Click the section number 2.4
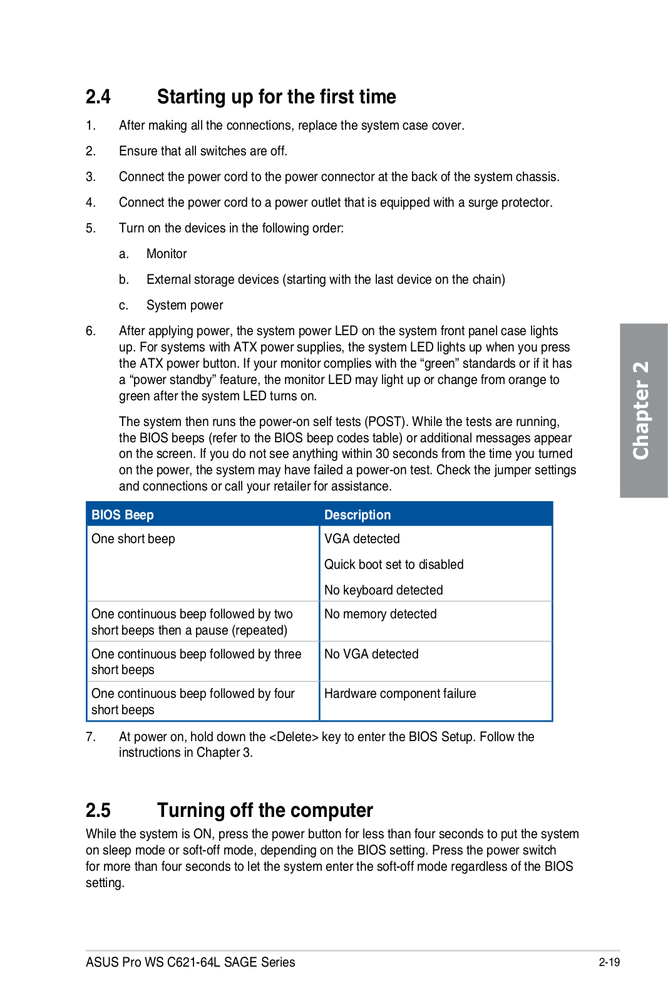tap(98, 97)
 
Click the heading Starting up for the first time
tap(276, 97)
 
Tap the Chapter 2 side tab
tap(643, 410)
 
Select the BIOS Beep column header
tap(123, 515)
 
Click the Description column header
tap(357, 515)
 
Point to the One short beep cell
tap(133, 539)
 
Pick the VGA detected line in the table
tap(362, 539)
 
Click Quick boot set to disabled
tap(394, 564)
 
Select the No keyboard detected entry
tap(383, 590)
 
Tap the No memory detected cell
tap(380, 614)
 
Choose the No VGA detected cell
tap(371, 654)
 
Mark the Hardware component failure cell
tap(400, 694)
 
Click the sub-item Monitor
tap(167, 254)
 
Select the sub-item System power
tap(185, 305)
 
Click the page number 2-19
tap(609, 962)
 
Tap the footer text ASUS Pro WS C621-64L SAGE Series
tap(190, 962)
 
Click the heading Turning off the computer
tap(265, 811)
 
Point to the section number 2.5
tap(98, 811)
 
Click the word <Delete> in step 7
tap(294, 737)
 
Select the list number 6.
tap(91, 331)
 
